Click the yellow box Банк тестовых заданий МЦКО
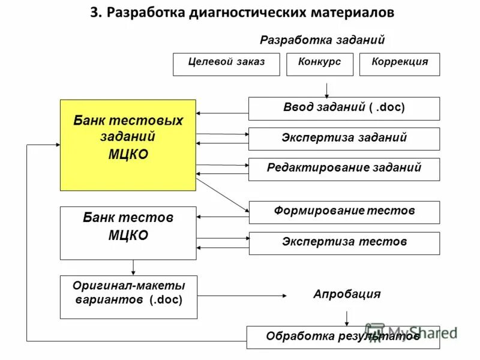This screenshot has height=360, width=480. point(128,145)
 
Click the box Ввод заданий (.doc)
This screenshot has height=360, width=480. point(344,109)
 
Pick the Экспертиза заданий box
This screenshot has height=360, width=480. point(344,139)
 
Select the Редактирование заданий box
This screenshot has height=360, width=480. point(344,169)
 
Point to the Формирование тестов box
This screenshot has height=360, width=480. point(344,212)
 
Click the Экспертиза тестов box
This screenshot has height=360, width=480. point(344,243)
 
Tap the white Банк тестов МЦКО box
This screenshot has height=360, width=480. point(128,233)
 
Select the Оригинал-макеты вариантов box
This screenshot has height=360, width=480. point(128,296)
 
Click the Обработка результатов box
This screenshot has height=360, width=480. point(343,337)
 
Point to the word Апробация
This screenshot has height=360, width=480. point(346,295)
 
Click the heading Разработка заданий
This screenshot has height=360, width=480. point(322,40)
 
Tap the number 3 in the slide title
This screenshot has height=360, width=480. point(94,13)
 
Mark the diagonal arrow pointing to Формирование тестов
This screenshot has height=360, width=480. point(222,194)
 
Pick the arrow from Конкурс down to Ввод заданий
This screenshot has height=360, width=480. point(326,89)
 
